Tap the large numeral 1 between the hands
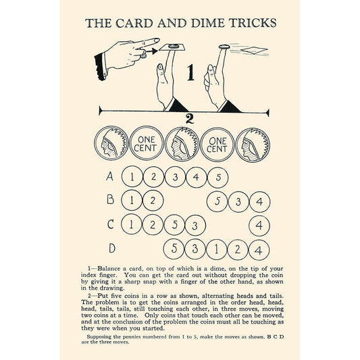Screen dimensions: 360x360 190,72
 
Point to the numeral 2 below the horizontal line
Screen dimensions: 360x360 189,119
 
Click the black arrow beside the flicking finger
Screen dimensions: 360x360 152,51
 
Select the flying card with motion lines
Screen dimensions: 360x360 254,51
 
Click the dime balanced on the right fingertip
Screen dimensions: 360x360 224,47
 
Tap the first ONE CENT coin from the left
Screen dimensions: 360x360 147,143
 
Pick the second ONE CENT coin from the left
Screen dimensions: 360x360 217,145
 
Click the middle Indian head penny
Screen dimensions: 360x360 182,144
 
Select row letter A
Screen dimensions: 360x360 110,176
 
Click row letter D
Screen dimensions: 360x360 112,248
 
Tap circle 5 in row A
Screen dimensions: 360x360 218,178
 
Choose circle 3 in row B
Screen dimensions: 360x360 238,202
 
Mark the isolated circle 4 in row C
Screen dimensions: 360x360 259,226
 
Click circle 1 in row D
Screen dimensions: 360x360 217,249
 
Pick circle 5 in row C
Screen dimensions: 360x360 174,225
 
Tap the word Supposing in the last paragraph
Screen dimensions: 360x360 101,337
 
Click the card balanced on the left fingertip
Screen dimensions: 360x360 172,47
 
